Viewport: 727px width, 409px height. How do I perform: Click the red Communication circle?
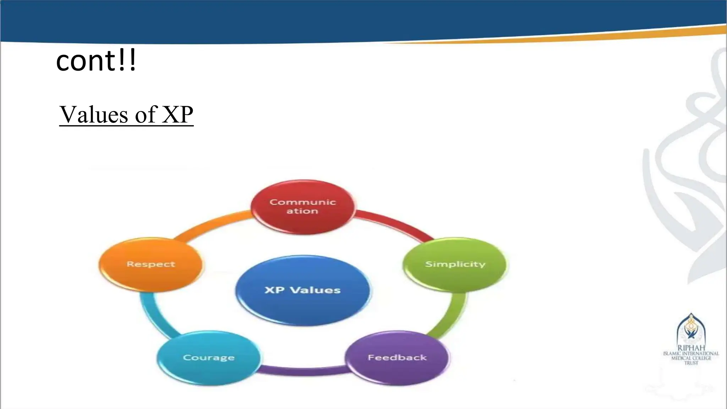(303, 207)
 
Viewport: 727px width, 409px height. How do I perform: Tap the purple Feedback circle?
(397, 358)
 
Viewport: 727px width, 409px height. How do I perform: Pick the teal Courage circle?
(209, 358)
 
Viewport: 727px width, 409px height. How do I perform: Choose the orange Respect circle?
(151, 265)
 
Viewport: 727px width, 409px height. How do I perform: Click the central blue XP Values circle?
(303, 290)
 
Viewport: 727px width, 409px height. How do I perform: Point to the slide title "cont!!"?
(96, 61)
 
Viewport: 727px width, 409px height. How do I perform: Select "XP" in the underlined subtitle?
(177, 115)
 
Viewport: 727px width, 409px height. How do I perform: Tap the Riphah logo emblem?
(691, 328)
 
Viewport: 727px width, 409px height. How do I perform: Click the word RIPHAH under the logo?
(691, 348)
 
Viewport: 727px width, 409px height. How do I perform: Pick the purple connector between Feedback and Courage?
(303, 371)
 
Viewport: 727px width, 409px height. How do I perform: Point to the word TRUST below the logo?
(691, 363)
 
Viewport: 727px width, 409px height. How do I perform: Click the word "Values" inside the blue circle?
(315, 290)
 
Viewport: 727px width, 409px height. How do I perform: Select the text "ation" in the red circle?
(302, 211)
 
